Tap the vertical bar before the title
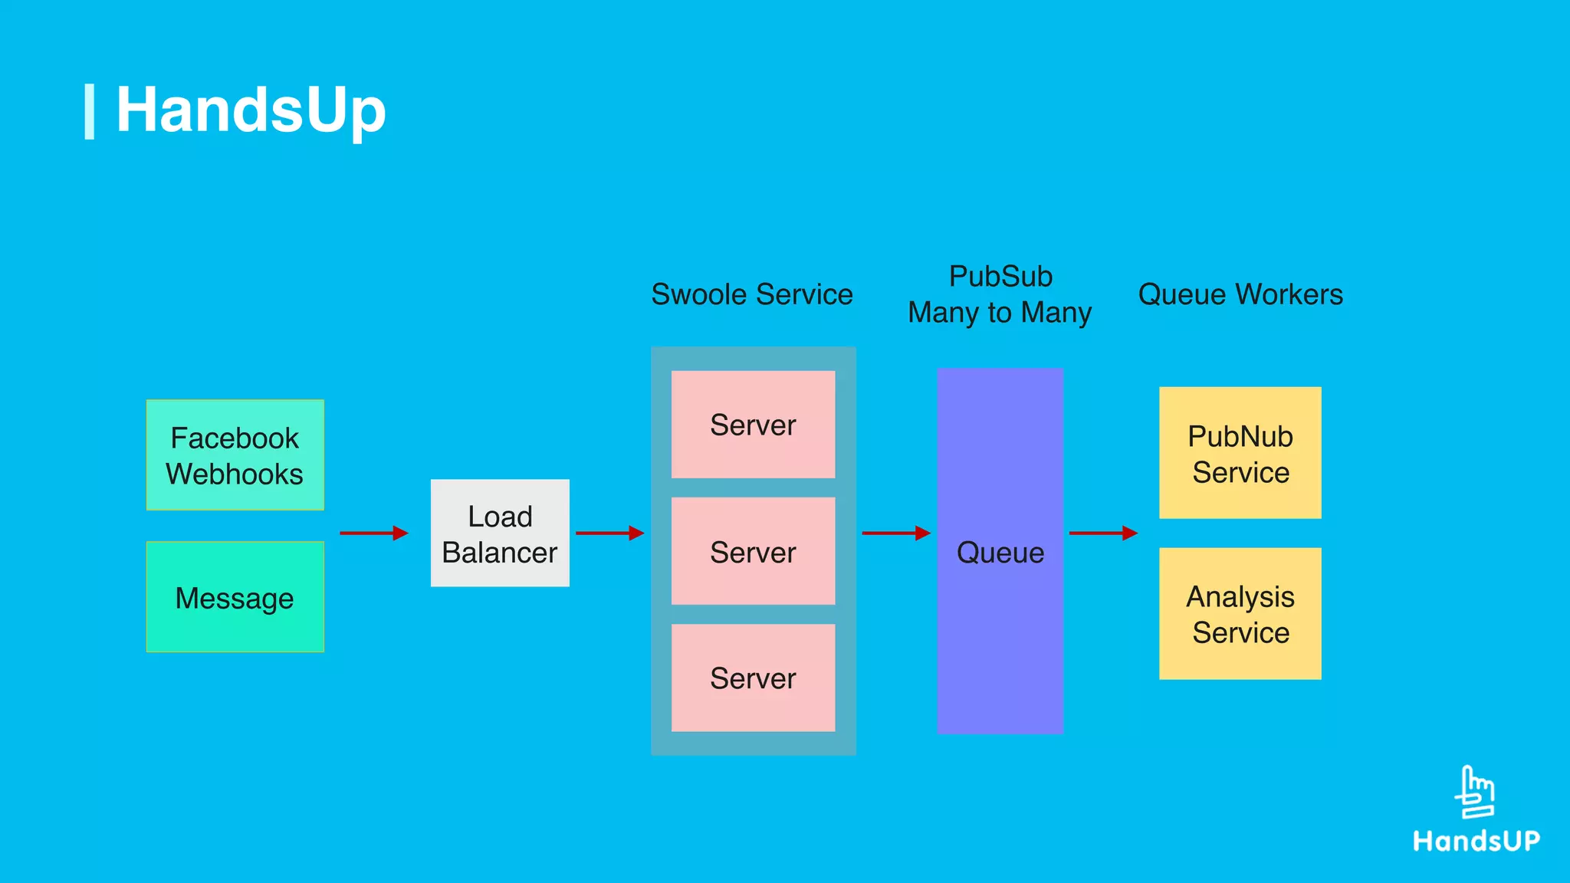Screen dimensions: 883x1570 90,112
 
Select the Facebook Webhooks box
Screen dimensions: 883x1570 235,455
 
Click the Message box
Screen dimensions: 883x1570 235,597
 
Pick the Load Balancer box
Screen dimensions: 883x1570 500,533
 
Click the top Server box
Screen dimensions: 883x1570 753,425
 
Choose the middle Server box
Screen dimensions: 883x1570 753,551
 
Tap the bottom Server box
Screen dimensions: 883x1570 753,678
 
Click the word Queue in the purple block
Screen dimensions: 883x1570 1000,553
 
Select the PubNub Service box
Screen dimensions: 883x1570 1240,453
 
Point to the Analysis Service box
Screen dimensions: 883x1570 1240,614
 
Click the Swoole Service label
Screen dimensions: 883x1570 751,294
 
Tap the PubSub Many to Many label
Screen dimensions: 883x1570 1000,294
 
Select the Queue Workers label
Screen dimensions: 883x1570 1240,294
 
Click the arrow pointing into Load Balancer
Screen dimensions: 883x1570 373,533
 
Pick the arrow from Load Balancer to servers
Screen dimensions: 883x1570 609,533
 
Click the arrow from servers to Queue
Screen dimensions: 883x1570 895,533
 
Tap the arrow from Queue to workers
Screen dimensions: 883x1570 1102,533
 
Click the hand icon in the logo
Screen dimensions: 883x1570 1475,793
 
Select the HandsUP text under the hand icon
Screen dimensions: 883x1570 1476,841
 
